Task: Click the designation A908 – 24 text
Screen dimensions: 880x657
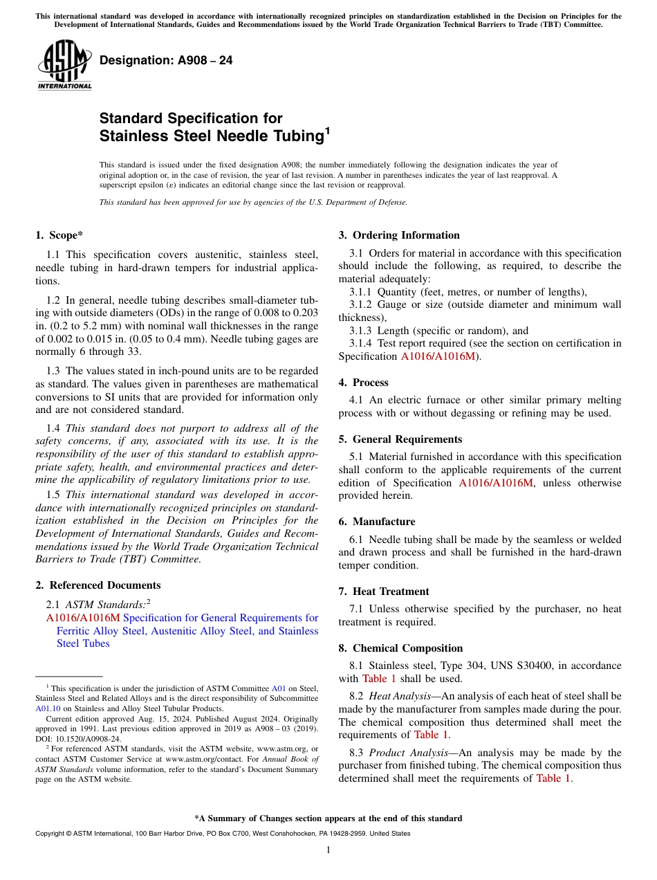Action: pyautogui.click(x=166, y=61)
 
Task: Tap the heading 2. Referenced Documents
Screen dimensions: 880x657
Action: pyautogui.click(x=98, y=585)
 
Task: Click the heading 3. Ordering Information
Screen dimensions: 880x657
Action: pyautogui.click(x=399, y=235)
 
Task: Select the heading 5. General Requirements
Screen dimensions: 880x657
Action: pyautogui.click(x=400, y=439)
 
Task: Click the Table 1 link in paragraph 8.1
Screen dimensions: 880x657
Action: pyautogui.click(x=379, y=679)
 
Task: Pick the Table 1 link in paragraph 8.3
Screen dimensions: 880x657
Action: pyautogui.click(x=553, y=778)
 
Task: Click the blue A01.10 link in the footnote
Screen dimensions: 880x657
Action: pyautogui.click(x=48, y=708)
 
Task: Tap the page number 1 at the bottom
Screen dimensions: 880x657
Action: pyautogui.click(x=328, y=850)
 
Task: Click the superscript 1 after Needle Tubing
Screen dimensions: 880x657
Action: pyautogui.click(x=327, y=129)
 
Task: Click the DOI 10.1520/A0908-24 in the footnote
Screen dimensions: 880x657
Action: pyautogui.click(x=86, y=738)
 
